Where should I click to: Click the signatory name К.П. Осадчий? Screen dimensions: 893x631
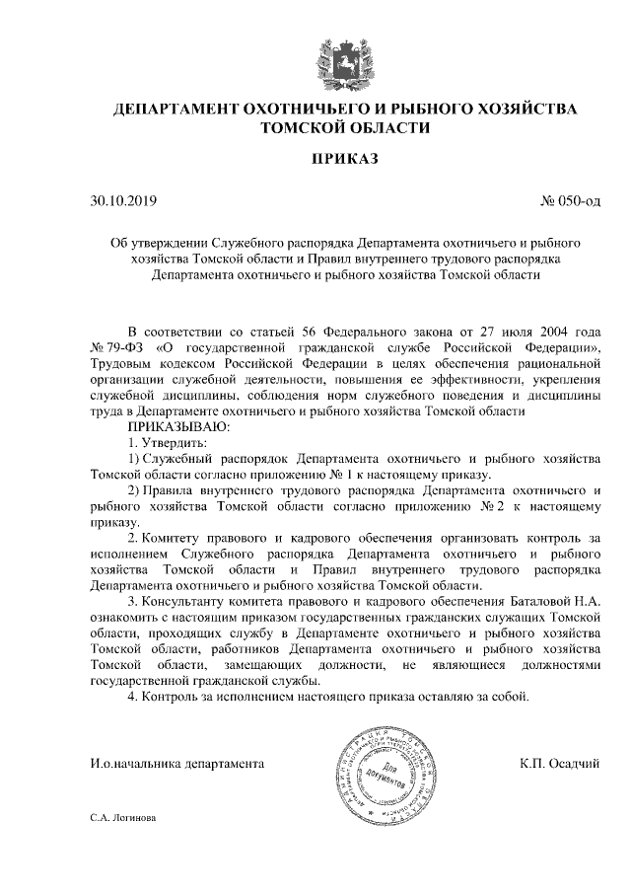tap(559, 763)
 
